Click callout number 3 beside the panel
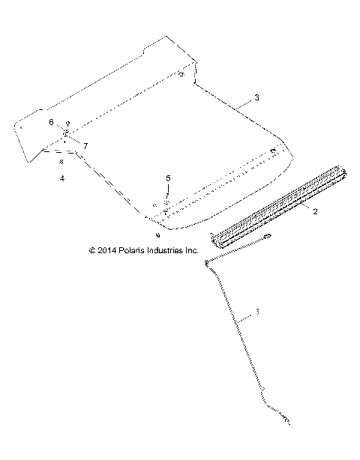(257, 98)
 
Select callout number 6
(52, 121)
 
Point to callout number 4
(62, 178)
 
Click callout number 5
(168, 178)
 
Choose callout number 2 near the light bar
(315, 212)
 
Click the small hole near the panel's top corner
(181, 74)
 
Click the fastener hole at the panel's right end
(274, 152)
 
